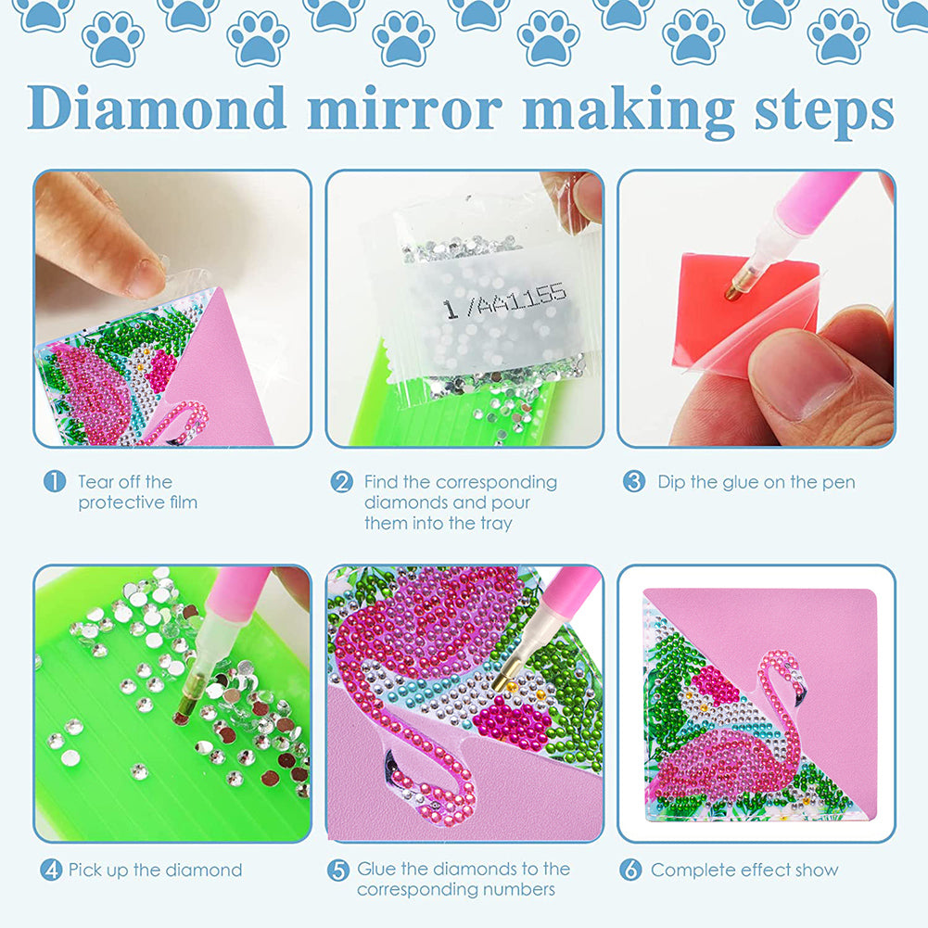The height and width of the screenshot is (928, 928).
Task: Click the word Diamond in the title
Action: tap(158, 108)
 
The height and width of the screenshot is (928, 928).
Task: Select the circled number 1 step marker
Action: tap(55, 481)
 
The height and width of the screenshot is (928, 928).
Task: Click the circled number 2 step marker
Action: tap(342, 482)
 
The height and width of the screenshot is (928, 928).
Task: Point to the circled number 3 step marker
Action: tap(634, 482)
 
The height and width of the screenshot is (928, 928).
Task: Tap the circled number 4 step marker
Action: tap(51, 870)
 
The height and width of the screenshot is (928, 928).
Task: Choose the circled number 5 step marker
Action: tap(339, 870)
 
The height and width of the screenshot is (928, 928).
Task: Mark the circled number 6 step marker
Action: tap(631, 870)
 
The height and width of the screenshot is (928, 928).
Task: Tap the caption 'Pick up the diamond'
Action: tap(155, 870)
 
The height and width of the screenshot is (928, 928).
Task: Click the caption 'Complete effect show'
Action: tap(744, 870)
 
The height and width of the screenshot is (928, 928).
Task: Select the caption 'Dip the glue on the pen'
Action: tap(756, 482)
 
